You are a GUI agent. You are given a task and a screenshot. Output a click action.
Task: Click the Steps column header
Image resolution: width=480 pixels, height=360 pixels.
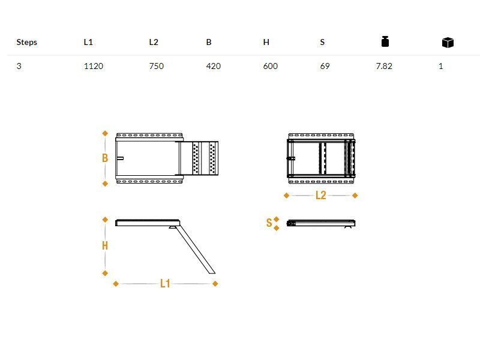coord(26,42)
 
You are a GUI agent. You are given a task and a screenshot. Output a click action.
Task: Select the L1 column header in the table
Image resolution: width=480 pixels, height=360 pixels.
coord(88,42)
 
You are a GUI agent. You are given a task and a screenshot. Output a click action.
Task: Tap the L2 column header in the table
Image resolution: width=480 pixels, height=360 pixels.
coord(154,42)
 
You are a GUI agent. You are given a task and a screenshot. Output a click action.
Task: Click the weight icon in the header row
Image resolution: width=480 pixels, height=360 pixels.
coord(385,41)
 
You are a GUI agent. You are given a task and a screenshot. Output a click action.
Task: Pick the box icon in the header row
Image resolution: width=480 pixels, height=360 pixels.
coord(448,43)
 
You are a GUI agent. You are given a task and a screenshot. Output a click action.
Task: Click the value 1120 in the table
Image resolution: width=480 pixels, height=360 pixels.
coord(94,66)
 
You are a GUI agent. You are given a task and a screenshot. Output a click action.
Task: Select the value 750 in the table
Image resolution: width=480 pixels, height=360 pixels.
coord(157,66)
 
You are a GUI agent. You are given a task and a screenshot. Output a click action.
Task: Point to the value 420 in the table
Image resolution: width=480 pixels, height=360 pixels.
coord(214,66)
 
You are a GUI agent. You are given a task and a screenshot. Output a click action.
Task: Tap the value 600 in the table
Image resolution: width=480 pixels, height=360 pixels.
coord(271,66)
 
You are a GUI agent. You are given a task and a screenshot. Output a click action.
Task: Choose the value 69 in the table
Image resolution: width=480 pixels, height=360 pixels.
coord(325,66)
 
